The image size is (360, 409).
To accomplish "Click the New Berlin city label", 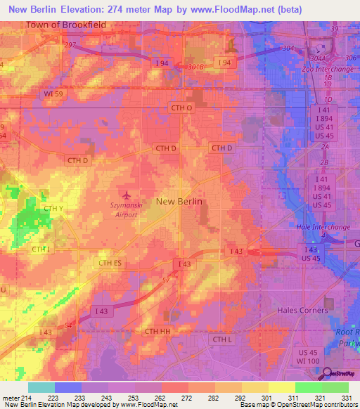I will click(179, 201).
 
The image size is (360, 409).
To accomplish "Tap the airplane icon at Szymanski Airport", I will click(127, 195).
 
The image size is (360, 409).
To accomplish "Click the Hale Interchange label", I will click(323, 227).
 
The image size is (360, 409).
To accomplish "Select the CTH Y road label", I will click(54, 209).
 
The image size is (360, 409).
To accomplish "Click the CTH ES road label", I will click(109, 263).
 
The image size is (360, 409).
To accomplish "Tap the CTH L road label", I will click(221, 339).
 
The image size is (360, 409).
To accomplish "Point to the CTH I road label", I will click(39, 249).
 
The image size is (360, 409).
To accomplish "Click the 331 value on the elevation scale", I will click(346, 397).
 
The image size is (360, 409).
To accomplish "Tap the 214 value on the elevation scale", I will click(23, 397).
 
